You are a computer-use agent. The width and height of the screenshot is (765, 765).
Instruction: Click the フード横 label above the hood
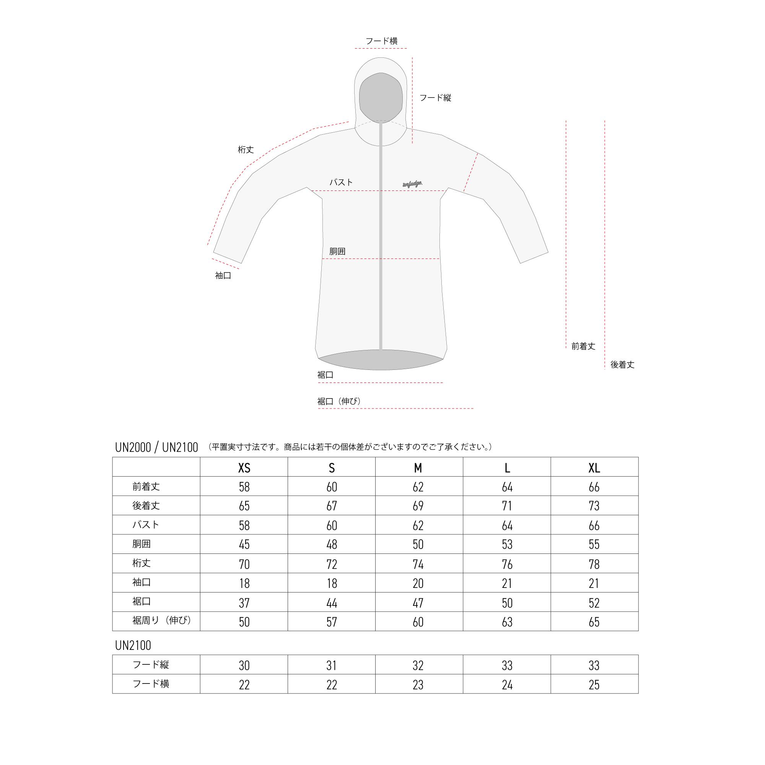[381, 41]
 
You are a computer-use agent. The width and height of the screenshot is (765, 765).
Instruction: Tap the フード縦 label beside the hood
[435, 98]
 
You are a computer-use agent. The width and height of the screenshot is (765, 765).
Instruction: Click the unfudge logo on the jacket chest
[412, 184]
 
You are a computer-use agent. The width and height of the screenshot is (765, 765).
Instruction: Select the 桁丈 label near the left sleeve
[246, 150]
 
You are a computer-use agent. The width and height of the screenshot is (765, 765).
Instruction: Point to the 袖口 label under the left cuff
[223, 275]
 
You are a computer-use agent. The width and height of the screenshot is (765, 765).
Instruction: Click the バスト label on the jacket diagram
[341, 182]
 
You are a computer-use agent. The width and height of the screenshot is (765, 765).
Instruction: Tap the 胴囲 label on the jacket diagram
[337, 251]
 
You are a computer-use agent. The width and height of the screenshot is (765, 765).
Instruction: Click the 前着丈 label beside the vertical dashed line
[583, 346]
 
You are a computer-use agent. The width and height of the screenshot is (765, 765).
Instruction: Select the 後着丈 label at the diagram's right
[622, 365]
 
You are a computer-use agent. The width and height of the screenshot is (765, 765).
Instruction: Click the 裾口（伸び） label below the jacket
[340, 401]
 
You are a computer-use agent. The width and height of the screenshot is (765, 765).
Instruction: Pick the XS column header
[244, 469]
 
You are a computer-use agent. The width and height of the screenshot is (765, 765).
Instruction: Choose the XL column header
[594, 469]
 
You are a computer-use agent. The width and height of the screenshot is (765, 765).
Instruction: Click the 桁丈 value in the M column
[418, 564]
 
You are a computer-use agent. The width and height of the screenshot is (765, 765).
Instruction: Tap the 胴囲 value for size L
[507, 544]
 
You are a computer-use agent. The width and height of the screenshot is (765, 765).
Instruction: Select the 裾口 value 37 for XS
[244, 603]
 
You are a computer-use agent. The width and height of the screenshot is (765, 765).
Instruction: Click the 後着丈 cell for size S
[331, 506]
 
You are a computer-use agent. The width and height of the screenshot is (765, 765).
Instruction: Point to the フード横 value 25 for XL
[594, 685]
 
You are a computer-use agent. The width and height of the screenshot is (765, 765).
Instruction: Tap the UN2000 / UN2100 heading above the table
[156, 448]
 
